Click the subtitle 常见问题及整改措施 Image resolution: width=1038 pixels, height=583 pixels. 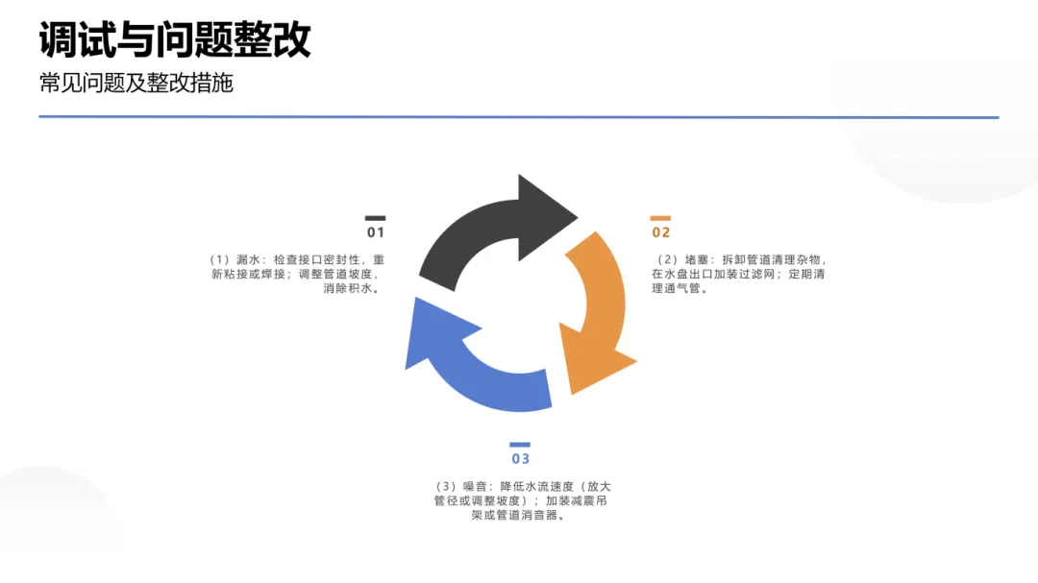[136, 84]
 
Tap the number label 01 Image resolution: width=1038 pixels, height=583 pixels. [375, 232]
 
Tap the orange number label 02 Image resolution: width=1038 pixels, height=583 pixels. [661, 232]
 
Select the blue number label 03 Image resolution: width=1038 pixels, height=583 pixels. [520, 459]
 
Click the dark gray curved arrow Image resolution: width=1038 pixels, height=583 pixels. [461, 240]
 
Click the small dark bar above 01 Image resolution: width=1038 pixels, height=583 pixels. [375, 218]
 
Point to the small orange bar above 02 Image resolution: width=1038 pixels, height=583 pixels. [661, 218]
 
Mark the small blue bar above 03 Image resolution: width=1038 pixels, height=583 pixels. [520, 445]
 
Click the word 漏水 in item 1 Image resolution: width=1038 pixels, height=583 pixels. [249, 260]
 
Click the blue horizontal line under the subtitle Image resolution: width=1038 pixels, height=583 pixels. [519, 117]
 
